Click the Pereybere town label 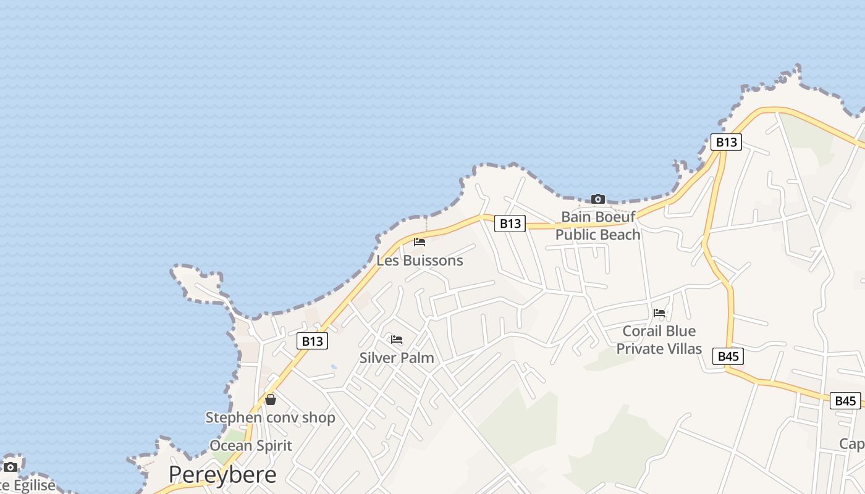coord(222,474)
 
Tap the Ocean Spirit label coord(251,445)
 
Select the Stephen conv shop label coord(270,417)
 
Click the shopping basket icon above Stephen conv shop coord(271,400)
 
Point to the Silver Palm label coord(397,358)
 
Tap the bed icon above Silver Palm coord(397,340)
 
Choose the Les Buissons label coord(420,261)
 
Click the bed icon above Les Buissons coord(420,242)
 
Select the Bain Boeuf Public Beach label coord(597,226)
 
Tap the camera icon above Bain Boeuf coord(597,199)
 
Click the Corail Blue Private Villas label coord(659,340)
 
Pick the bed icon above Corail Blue coord(659,313)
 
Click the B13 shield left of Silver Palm coord(312,341)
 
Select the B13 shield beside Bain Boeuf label coord(510,224)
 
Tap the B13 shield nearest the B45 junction coord(725,142)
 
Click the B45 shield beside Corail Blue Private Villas coord(728,356)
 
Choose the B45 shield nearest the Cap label coord(845,401)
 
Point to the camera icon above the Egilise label coord(11,467)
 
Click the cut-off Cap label coord(852,443)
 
